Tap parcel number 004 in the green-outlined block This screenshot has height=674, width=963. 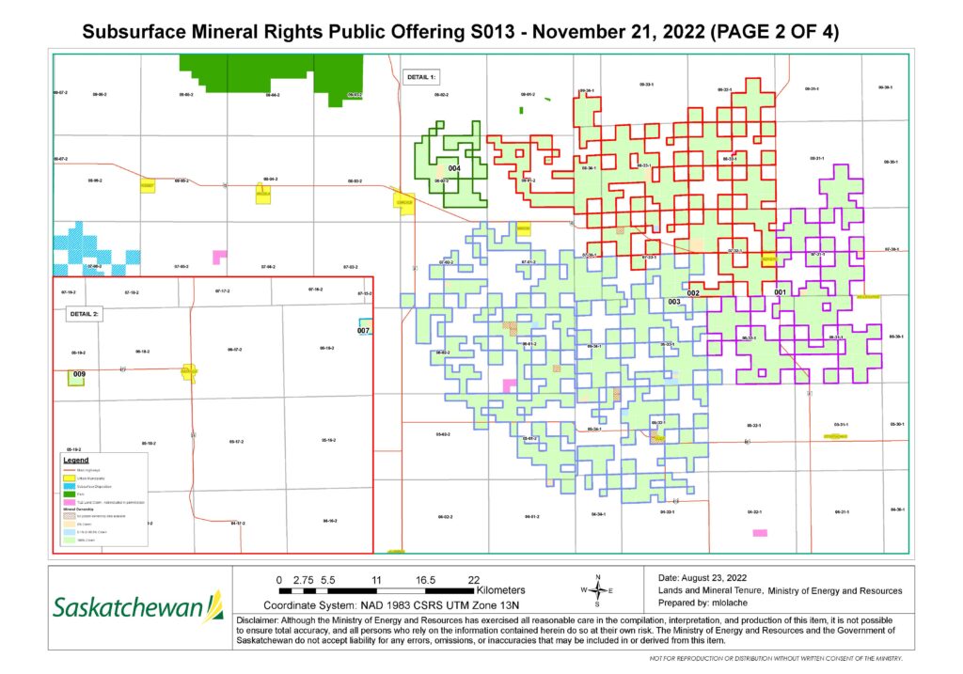(454, 168)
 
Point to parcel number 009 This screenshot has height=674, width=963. (79, 374)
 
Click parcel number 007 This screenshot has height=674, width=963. (364, 331)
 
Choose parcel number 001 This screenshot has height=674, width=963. (780, 292)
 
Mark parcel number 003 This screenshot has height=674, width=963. (673, 302)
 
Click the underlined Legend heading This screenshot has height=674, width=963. (76, 461)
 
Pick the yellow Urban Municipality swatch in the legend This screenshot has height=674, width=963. (69, 479)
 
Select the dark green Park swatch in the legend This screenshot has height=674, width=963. (69, 495)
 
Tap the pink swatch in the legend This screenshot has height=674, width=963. (69, 504)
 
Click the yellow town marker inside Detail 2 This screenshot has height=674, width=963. (189, 372)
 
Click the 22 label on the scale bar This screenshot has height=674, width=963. (474, 578)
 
